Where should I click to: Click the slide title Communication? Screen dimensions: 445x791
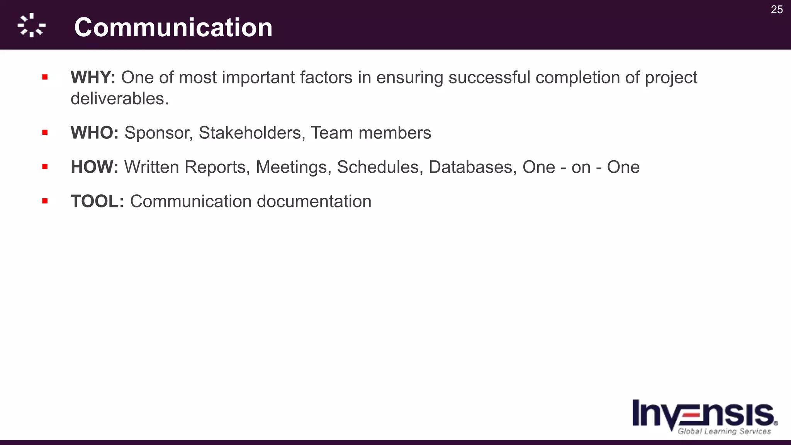coord(173,27)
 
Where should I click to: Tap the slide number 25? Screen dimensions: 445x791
coord(777,10)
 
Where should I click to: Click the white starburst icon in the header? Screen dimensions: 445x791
coord(32,25)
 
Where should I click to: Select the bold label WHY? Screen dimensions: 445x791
coord(93,78)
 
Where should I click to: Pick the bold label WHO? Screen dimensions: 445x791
coord(94,133)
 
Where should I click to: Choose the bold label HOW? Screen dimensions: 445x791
coord(94,167)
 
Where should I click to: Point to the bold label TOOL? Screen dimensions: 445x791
coord(97,202)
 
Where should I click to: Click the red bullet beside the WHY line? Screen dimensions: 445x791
coord(45,77)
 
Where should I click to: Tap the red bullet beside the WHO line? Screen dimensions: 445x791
coord(45,132)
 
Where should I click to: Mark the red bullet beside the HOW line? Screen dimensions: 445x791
coord(45,167)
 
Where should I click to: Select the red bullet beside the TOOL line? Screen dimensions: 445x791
coord(45,201)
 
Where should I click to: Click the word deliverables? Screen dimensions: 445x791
coord(119,99)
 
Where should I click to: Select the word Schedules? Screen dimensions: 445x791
coord(378,167)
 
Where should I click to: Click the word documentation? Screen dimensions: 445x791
coord(314,202)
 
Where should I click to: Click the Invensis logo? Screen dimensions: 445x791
coord(704,417)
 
